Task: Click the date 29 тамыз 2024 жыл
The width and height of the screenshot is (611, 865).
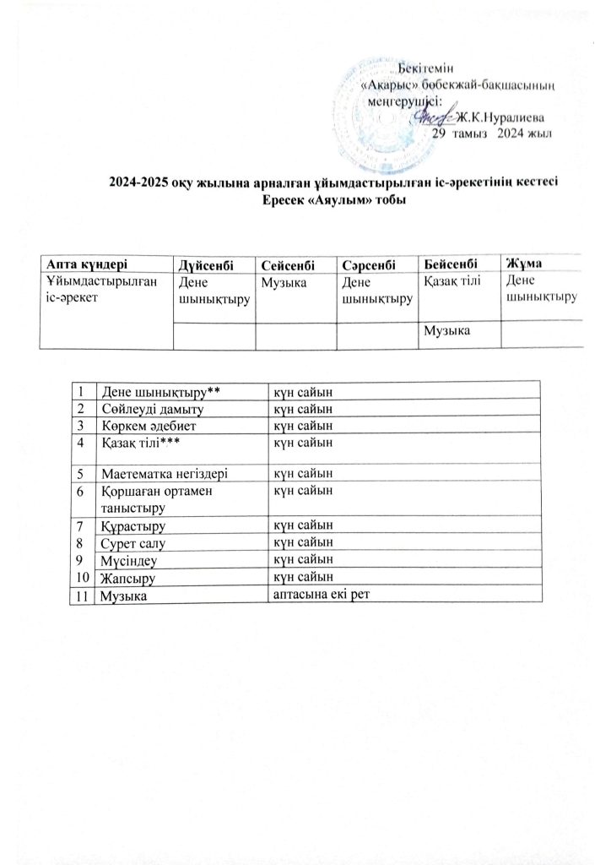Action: (492, 133)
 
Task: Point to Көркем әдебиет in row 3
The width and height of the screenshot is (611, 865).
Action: (145, 424)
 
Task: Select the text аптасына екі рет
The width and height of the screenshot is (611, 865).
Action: (323, 594)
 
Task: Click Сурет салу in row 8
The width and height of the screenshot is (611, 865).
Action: (133, 543)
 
